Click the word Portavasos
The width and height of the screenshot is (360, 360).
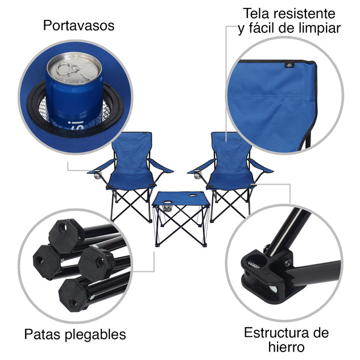tap(78, 25)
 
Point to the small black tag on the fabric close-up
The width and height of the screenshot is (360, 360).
tap(289, 65)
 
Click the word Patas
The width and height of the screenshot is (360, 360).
tap(43, 334)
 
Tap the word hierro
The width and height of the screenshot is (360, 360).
tap(286, 347)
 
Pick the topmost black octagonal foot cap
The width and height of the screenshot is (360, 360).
tap(66, 236)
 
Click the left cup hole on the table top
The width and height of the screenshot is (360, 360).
tap(167, 202)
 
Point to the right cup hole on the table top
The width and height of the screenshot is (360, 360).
tap(193, 196)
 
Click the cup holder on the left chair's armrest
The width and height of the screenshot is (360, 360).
tap(97, 174)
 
